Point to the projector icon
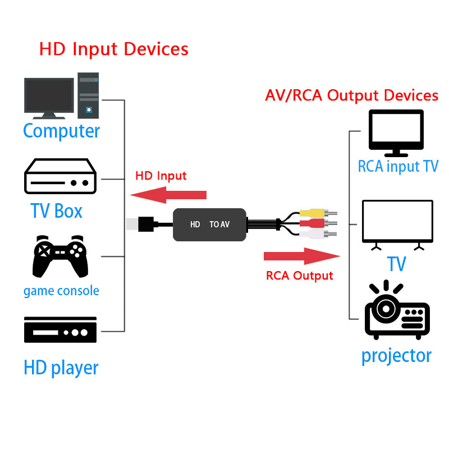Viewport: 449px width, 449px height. [x=396, y=314]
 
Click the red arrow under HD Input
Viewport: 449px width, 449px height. [x=168, y=195]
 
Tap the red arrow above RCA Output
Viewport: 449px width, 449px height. [x=302, y=256]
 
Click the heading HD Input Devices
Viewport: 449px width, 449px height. [x=114, y=49]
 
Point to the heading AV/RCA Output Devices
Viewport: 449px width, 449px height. [x=351, y=95]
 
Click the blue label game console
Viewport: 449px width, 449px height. [x=61, y=291]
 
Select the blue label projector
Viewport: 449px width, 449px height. [x=396, y=355]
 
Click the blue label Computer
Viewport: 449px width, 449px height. [x=61, y=131]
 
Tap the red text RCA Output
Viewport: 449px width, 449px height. [x=299, y=276]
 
